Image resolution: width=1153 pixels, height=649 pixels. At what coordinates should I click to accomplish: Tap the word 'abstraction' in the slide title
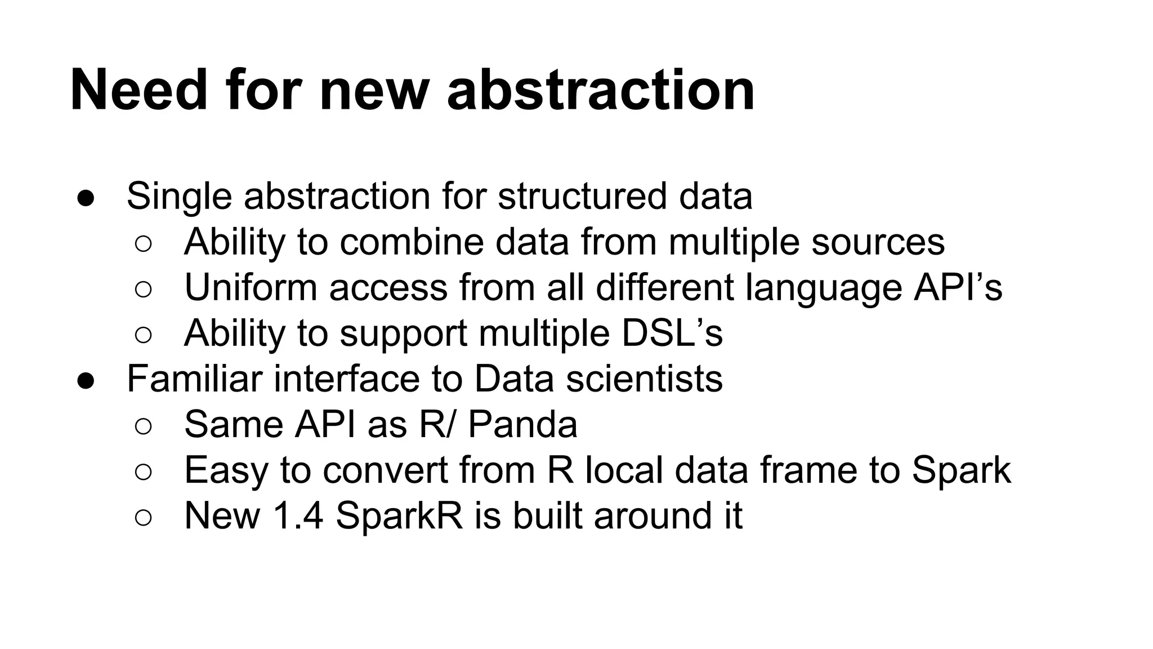click(x=600, y=90)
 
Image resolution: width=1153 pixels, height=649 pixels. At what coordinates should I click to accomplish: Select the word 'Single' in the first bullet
click(x=178, y=197)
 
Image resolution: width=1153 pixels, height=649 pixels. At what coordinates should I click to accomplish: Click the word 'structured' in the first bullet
click(x=582, y=197)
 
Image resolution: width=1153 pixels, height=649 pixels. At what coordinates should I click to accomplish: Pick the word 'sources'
click(x=878, y=242)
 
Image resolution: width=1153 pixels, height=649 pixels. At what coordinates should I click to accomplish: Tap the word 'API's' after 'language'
click(x=958, y=288)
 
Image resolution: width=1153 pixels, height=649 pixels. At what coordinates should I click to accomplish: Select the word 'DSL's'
click(x=672, y=334)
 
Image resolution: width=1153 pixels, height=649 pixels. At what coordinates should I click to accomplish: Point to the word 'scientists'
click(x=644, y=379)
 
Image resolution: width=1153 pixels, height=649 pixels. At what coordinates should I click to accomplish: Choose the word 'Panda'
click(x=522, y=425)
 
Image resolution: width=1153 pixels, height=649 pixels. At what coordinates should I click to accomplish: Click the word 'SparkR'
click(x=399, y=516)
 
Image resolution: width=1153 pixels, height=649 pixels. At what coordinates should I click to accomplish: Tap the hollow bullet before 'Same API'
click(x=143, y=426)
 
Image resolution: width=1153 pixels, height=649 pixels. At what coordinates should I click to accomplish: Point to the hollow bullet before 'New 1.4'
click(x=143, y=518)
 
